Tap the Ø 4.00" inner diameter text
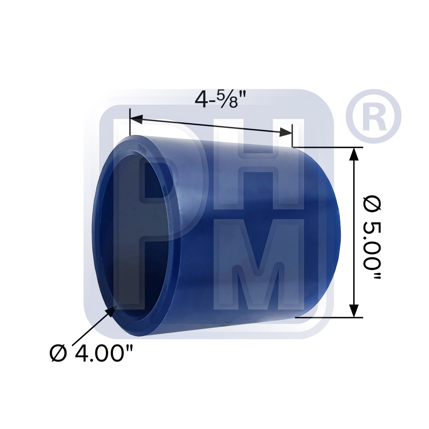[x=91, y=354]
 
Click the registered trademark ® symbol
[x=373, y=116]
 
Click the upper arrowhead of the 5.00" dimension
[x=354, y=154]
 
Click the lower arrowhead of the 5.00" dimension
[x=354, y=310]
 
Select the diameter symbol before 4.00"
[x=58, y=354]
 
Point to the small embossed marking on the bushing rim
[x=142, y=150]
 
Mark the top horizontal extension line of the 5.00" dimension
[x=328, y=147]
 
